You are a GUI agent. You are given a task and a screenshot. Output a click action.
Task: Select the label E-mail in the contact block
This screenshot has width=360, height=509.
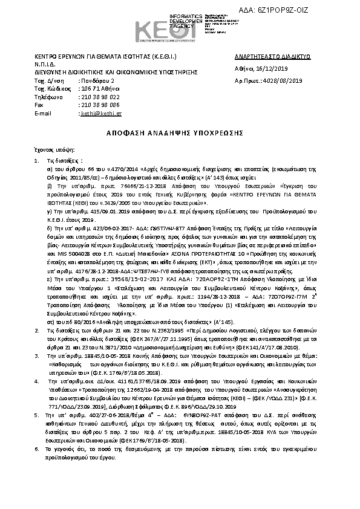coord(44,113)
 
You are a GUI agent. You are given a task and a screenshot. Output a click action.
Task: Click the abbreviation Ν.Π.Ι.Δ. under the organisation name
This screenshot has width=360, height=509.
coord(44,63)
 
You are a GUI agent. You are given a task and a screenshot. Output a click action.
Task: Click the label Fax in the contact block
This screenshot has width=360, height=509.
coord(39,105)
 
